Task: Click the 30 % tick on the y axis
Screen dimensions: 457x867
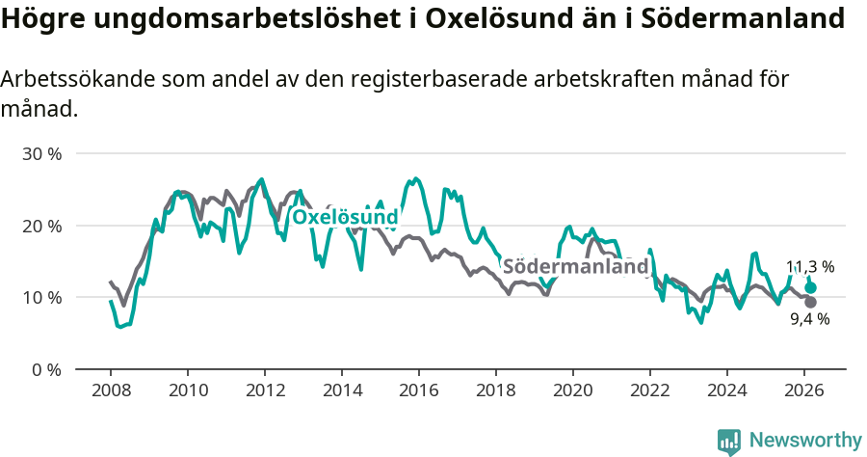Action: pos(41,154)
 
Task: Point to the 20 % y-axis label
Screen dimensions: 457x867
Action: pos(41,226)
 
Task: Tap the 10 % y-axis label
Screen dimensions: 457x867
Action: pos(41,297)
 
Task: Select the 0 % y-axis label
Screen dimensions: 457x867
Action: pos(45,369)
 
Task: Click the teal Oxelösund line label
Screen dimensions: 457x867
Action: pos(345,218)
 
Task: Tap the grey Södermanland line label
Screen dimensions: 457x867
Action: pos(575,267)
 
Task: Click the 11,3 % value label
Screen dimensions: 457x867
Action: pos(810,267)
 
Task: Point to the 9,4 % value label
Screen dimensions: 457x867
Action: pos(810,319)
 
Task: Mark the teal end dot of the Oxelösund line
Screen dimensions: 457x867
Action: pos(810,287)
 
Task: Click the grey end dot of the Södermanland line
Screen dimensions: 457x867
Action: pos(810,302)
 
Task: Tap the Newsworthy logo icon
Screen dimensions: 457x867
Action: pos(729,441)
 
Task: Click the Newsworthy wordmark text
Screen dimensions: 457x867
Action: pos(804,441)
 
